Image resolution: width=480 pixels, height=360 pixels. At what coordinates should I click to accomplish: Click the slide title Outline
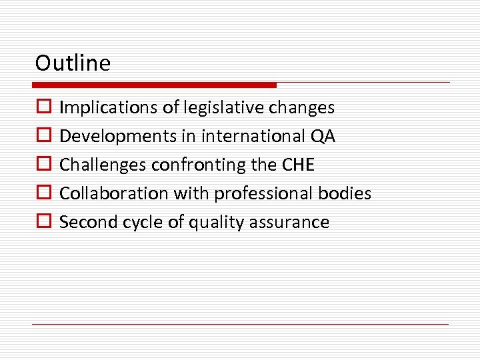click(x=73, y=63)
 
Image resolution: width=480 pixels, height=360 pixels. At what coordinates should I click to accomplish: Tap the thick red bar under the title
click(x=154, y=85)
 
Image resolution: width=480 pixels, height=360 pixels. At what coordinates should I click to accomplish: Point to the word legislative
click(x=209, y=107)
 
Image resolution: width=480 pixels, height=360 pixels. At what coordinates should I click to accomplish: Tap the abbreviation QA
click(x=323, y=136)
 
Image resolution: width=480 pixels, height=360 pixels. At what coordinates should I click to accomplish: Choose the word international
click(x=250, y=136)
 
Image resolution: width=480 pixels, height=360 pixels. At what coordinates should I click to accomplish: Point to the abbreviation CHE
click(x=297, y=165)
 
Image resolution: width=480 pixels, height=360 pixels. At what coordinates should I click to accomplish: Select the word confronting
click(x=195, y=165)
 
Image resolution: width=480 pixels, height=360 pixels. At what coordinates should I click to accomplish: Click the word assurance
click(x=292, y=222)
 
